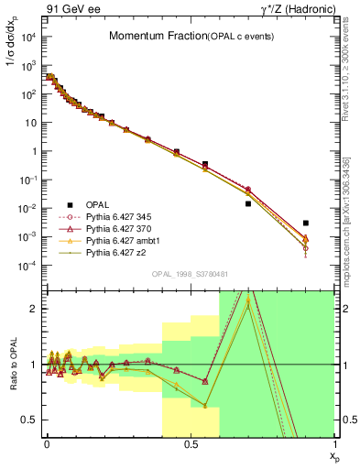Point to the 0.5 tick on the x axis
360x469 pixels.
pyautogui.click(x=190, y=443)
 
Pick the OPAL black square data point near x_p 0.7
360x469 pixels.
pyautogui.click(x=247, y=203)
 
